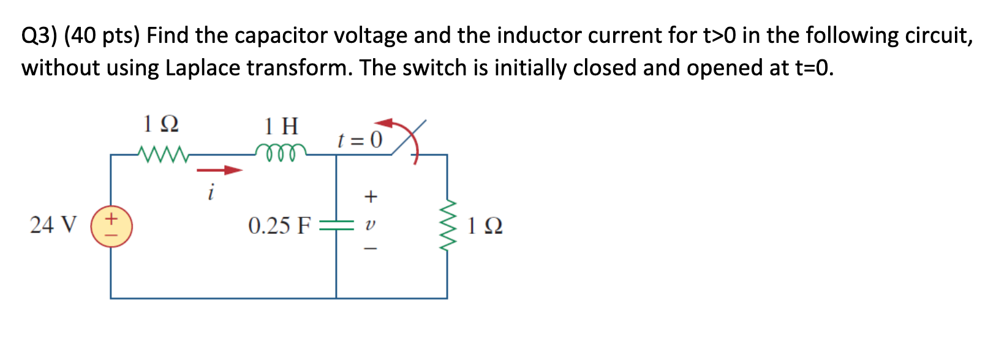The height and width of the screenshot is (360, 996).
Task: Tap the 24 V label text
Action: [x=53, y=225]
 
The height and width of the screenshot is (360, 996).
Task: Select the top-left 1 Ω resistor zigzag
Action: [x=162, y=154]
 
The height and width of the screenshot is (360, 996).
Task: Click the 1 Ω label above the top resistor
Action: [x=160, y=124]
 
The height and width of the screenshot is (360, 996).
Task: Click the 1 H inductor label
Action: [x=281, y=127]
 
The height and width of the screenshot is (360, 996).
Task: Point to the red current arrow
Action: [x=219, y=170]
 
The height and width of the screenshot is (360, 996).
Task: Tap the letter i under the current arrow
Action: [x=210, y=193]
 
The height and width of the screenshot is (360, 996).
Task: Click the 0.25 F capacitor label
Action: [x=279, y=226]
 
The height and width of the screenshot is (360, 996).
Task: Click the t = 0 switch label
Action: [x=360, y=140]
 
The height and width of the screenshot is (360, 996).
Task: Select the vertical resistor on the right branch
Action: [x=448, y=225]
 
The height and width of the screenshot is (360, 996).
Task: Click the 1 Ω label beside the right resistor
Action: [x=485, y=226]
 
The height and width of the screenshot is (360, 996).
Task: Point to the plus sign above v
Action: [x=371, y=197]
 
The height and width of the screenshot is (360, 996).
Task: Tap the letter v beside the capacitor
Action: [x=369, y=225]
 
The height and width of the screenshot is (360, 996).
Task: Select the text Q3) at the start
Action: [x=39, y=36]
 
